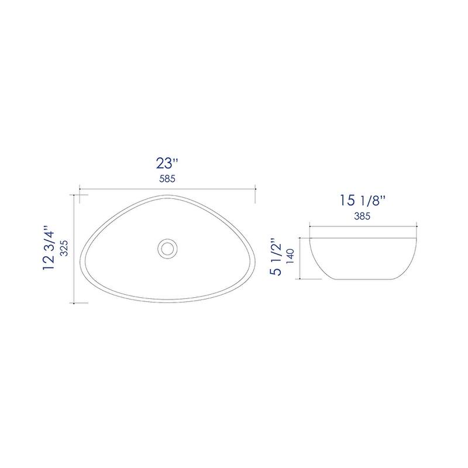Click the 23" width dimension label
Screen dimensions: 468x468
tap(167, 163)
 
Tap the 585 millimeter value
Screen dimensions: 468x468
tap(167, 179)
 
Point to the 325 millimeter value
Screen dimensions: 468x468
tap(64, 248)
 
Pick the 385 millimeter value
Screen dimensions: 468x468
tap(362, 216)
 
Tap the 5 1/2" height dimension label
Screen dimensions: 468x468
tap(276, 257)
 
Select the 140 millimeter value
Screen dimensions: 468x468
tap(290, 256)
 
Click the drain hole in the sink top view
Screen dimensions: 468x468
tap(167, 247)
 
